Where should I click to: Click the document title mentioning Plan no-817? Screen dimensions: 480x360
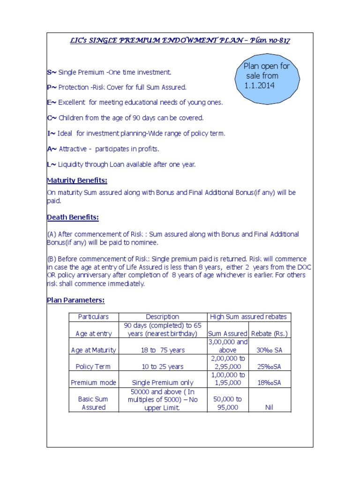(x=180, y=40)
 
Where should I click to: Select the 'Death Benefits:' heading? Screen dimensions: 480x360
(x=73, y=217)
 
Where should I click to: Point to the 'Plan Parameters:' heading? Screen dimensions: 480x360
(x=75, y=300)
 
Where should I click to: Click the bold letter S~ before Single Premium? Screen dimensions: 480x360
(x=52, y=73)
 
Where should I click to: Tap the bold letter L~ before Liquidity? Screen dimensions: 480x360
(x=52, y=165)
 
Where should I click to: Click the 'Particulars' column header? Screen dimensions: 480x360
(x=93, y=317)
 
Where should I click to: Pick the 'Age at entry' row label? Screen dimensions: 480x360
(x=93, y=334)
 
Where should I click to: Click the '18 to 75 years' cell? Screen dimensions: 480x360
(x=162, y=350)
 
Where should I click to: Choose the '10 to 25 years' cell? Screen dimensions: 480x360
(x=162, y=367)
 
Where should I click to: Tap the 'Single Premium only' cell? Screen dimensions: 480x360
(x=162, y=383)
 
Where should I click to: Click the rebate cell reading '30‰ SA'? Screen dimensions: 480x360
(x=269, y=350)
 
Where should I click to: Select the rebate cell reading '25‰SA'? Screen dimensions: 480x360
(x=269, y=367)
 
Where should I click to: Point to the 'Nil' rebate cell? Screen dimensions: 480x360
(x=269, y=407)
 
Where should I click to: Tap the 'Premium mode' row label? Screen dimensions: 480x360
(x=93, y=383)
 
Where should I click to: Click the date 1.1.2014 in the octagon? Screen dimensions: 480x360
(x=259, y=85)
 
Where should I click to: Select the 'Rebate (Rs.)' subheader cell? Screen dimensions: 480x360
(x=269, y=334)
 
